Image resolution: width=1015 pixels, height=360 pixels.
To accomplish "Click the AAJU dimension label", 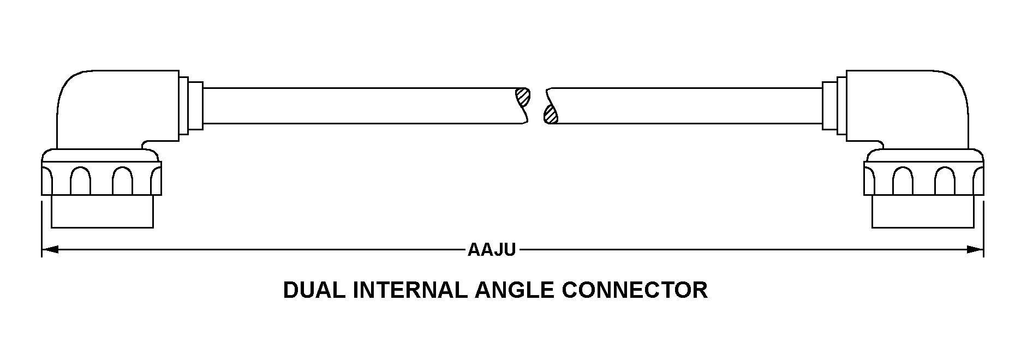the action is [491, 250].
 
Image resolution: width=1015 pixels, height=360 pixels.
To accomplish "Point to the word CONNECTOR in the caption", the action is [635, 290].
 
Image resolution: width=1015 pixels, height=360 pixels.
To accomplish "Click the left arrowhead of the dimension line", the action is [50, 250].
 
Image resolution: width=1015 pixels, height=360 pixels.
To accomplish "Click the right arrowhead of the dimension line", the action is [975, 250].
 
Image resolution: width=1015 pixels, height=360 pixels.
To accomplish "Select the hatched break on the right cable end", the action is [550, 113].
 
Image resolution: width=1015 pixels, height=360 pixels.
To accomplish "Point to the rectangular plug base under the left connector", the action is [102, 212].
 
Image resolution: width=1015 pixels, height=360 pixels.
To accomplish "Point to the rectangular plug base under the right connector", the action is [923, 212].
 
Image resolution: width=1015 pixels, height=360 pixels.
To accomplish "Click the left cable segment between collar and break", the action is [360, 105].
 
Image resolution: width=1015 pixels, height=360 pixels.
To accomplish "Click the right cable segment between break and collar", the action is [685, 105].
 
